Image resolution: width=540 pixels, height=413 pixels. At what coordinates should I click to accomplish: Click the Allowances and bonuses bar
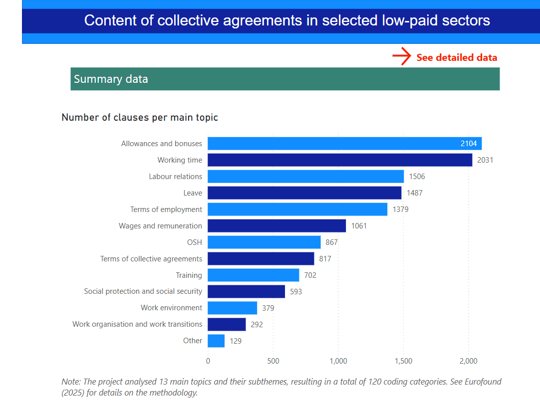pos(344,144)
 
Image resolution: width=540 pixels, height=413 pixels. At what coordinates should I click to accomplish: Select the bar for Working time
pos(339,160)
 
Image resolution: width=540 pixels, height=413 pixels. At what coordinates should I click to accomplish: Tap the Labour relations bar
pos(305,177)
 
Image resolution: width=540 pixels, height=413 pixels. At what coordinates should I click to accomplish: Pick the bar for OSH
pos(264,242)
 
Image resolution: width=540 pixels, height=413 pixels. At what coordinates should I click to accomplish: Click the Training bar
pos(253,275)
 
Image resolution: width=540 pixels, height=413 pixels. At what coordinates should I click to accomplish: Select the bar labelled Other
pos(216,341)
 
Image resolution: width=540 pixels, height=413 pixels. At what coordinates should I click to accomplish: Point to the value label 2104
pos(469,144)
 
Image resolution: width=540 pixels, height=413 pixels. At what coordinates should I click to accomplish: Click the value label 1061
pos(359,226)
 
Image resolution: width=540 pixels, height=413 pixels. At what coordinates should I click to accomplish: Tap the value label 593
pos(296,292)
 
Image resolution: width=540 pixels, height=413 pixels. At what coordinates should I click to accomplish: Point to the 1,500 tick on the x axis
pos(403,361)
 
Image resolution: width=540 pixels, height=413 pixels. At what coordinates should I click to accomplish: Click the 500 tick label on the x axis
pos(273,361)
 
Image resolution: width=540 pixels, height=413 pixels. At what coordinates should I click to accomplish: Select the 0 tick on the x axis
pos(208,361)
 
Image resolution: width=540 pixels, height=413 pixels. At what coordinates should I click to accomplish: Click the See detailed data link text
pos(457,57)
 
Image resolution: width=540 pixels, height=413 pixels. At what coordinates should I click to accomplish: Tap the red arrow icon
pos(401,57)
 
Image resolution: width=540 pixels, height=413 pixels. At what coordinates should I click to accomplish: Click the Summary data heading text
pos(111,79)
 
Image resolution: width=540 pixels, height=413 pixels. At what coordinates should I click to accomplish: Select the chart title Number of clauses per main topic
pos(140,118)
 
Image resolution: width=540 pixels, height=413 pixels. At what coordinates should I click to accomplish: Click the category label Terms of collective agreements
pos(151,259)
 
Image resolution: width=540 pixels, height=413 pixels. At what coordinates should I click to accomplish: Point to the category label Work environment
pos(171,308)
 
